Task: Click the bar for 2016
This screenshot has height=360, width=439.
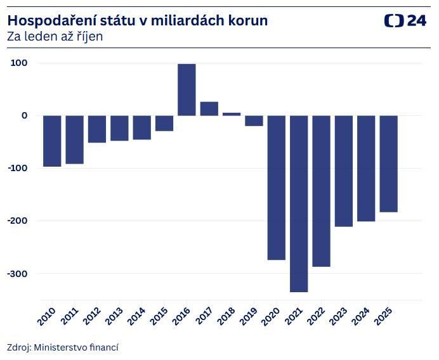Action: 187,89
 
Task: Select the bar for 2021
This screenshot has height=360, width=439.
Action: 299,203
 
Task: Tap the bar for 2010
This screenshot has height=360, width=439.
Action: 52,141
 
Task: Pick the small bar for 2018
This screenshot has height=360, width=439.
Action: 232,114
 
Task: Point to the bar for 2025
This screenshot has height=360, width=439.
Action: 388,164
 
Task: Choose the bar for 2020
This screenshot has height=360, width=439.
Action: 276,187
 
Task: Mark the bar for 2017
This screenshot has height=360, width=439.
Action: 209,108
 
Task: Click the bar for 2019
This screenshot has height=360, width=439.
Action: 254,120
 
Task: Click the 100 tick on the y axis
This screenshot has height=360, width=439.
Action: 19,63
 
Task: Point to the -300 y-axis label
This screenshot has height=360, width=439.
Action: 18,273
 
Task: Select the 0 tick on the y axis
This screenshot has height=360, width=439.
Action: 24,115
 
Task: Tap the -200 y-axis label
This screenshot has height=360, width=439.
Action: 18,221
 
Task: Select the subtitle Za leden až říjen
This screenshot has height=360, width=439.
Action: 55,37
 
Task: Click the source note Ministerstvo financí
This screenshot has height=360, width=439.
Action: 76,347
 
